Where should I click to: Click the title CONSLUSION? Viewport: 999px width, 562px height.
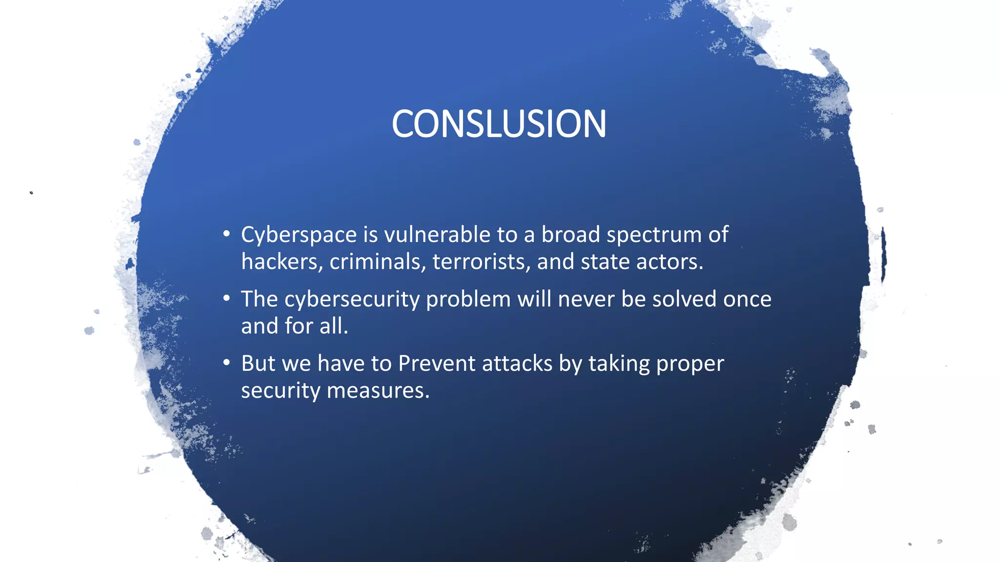499,124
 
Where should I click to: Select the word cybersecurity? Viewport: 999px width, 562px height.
352,300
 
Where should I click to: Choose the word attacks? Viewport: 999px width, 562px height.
517,363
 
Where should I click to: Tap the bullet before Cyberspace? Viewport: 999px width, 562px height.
226,234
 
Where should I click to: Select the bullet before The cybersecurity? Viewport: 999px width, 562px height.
226,299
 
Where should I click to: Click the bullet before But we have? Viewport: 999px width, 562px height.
226,363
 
